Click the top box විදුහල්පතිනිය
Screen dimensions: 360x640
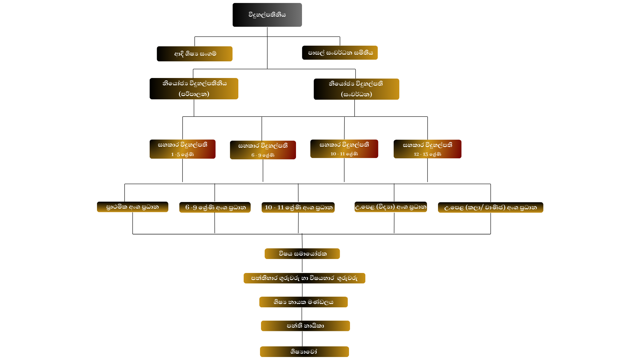(267, 15)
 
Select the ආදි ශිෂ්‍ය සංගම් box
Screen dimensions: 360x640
(195, 54)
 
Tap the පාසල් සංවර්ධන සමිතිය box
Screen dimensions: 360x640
(340, 53)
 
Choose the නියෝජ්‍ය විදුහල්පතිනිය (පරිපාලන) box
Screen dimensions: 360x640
(194, 89)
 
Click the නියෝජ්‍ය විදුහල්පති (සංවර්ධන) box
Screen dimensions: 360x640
(356, 89)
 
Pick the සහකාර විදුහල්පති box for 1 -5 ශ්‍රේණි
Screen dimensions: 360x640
(182, 149)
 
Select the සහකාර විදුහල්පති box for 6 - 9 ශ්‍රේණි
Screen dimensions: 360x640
(263, 150)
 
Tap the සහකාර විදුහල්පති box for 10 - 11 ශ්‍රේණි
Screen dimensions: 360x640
(344, 149)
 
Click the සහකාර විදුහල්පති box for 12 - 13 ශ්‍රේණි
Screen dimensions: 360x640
(427, 149)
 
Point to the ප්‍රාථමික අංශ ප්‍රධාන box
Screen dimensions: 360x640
(132, 207)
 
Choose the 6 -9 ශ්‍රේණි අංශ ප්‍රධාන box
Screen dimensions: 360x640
(215, 207)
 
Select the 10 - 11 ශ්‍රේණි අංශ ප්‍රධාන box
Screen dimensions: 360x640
(298, 207)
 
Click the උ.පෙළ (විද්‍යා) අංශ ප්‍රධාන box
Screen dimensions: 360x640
(391, 207)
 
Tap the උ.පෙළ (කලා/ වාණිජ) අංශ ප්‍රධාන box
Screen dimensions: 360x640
(490, 207)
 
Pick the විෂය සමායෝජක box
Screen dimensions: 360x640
(302, 254)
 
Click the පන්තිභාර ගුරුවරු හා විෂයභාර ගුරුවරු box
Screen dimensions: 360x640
(304, 278)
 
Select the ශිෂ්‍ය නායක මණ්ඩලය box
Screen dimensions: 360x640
(303, 302)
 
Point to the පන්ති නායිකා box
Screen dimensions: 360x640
(305, 326)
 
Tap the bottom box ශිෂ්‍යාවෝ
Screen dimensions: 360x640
(304, 352)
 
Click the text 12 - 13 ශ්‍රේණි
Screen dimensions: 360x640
(427, 154)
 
